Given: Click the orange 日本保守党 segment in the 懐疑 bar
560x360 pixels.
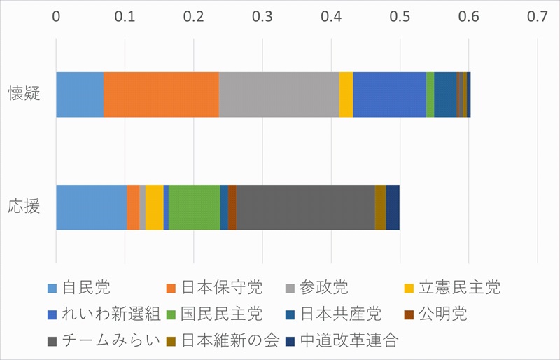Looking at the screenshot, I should tap(161, 95).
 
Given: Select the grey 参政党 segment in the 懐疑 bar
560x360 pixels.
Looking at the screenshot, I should tap(279, 95).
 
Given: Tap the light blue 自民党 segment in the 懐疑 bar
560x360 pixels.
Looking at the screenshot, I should tap(80, 95).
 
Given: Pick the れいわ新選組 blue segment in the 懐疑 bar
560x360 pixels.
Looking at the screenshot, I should tap(389, 95).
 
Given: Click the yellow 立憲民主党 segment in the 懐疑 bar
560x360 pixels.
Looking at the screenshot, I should tap(346, 95).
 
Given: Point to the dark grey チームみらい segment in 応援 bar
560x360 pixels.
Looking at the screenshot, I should tap(305, 207).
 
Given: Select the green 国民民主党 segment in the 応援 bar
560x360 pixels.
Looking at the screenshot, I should tap(194, 207).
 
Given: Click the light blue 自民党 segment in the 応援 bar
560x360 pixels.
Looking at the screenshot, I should tap(91, 207).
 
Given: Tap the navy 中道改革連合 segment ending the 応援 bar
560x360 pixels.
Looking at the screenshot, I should tap(392, 207).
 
